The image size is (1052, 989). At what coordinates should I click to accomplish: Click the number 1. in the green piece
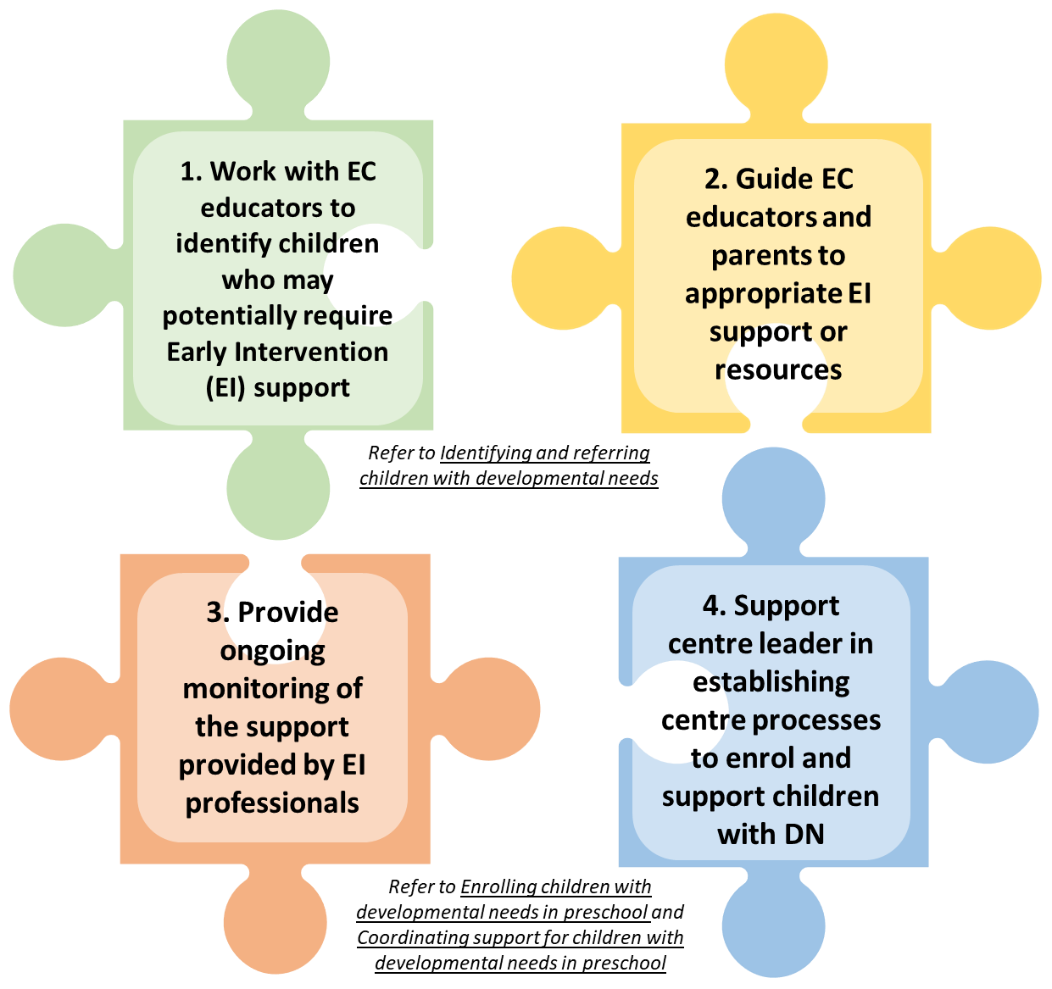(x=192, y=172)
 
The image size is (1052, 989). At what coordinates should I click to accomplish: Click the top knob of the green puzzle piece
(x=278, y=64)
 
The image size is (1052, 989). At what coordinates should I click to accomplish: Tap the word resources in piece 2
(x=778, y=370)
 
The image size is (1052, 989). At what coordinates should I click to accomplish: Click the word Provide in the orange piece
(x=287, y=612)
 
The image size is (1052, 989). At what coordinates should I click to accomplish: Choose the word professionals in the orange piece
(x=272, y=803)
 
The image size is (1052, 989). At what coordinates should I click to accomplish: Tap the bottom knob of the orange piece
(x=275, y=924)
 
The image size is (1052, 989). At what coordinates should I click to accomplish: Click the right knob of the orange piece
(x=491, y=708)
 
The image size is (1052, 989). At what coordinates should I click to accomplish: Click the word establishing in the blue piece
(x=771, y=682)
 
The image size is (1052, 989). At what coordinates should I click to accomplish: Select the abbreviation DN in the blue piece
(x=804, y=834)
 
